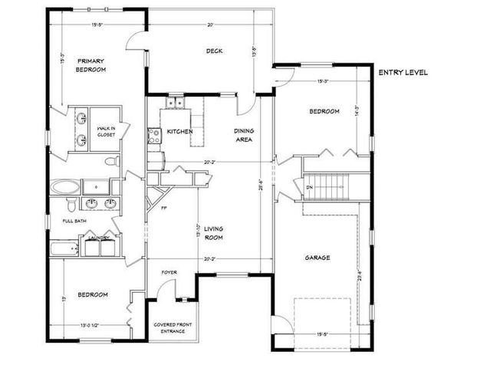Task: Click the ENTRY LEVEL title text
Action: (x=403, y=73)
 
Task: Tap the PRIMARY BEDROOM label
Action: (x=90, y=64)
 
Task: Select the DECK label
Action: (x=213, y=51)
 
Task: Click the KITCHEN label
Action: (x=179, y=132)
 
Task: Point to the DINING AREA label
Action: (x=244, y=136)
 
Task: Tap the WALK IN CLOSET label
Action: (x=106, y=131)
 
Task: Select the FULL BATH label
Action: (x=75, y=222)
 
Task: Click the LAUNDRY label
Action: (x=98, y=238)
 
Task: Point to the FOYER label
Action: (x=169, y=272)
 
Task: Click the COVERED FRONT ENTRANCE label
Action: (x=172, y=327)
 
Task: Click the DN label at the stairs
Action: (x=309, y=187)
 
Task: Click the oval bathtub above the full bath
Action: (x=64, y=186)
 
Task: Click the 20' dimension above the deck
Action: (x=209, y=25)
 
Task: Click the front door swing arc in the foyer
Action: (x=185, y=291)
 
